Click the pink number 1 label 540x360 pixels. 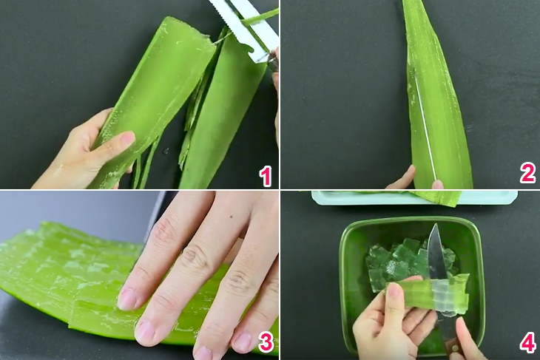pyautogui.click(x=265, y=176)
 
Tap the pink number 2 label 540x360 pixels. pyautogui.click(x=527, y=174)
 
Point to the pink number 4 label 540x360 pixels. pyautogui.click(x=527, y=343)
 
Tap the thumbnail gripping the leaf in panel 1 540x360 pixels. pyautogui.click(x=126, y=138)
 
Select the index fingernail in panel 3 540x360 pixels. pyautogui.click(x=127, y=299)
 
